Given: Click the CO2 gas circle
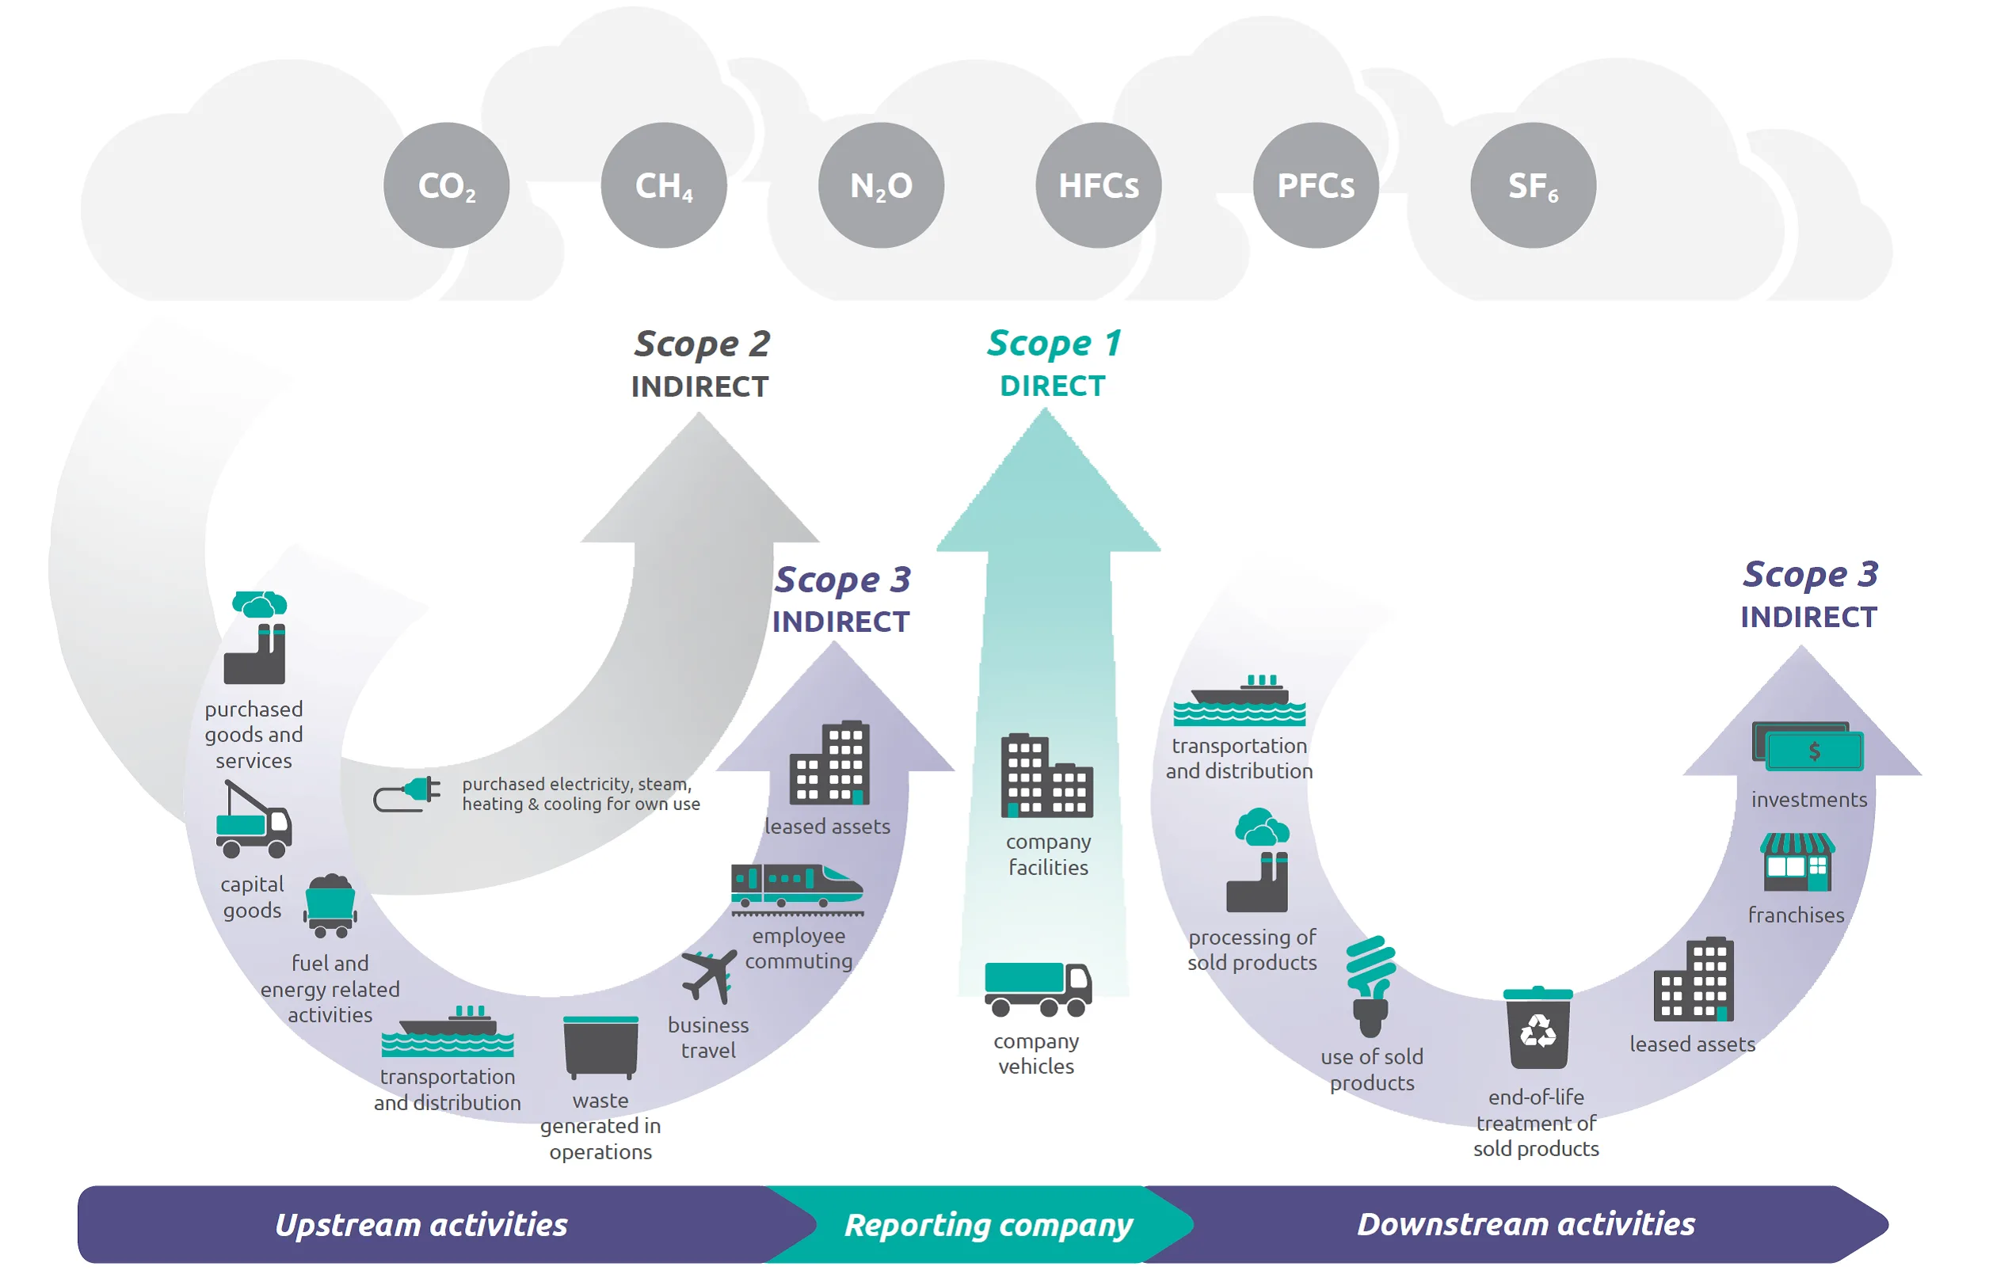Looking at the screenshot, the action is (x=446, y=185).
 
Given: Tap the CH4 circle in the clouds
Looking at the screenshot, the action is (x=663, y=185).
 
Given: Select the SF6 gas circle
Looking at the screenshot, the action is (x=1532, y=185).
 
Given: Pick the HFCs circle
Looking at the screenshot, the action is (x=1097, y=185).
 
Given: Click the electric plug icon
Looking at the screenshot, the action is (x=406, y=793).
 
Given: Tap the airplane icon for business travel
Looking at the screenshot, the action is (x=708, y=975).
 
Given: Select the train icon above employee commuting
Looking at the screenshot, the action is (x=796, y=886).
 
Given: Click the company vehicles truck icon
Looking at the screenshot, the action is (x=1037, y=988).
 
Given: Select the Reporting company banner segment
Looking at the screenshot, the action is (x=987, y=1224).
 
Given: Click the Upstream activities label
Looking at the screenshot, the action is (x=421, y=1224).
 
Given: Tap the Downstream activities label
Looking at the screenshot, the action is (x=1525, y=1224).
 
